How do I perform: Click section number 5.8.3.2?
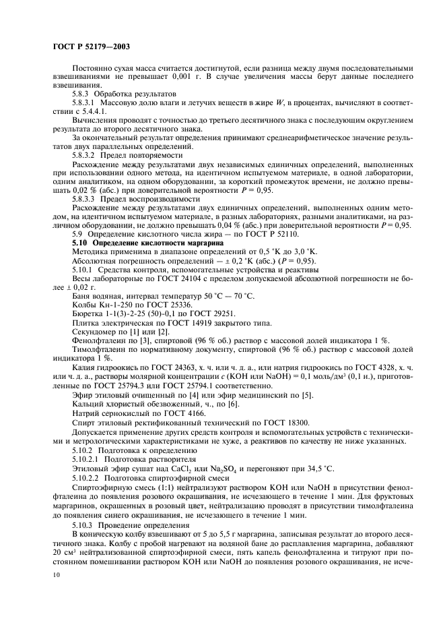click(85, 154)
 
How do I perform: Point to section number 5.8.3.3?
click(85, 198)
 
